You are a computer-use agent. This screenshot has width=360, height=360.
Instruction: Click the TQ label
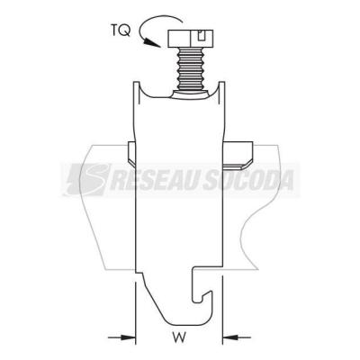click(x=121, y=31)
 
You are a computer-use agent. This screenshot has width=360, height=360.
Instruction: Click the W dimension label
click(x=179, y=337)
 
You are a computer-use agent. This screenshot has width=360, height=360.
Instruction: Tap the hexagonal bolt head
click(x=191, y=38)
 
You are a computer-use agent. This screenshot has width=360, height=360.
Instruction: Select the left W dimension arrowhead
click(x=128, y=337)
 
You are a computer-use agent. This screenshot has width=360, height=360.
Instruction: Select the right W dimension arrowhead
click(x=229, y=337)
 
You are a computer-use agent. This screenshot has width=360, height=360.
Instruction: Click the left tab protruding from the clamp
click(x=132, y=153)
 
